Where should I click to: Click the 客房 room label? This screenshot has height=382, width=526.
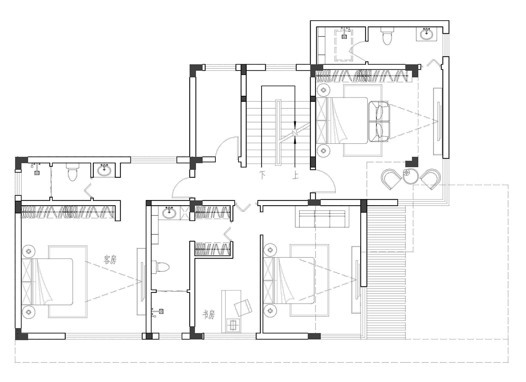(110, 260)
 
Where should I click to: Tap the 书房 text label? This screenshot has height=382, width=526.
(209, 314)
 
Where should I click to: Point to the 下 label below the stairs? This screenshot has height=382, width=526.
(262, 175)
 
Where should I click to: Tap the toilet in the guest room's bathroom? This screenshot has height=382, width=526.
(72, 172)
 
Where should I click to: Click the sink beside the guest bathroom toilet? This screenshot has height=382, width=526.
(104, 170)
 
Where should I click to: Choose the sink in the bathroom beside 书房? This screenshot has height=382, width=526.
(169, 213)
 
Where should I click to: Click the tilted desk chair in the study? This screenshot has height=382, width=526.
(243, 308)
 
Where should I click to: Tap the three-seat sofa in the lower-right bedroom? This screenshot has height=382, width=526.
(322, 219)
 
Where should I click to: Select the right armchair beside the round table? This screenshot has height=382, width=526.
(430, 179)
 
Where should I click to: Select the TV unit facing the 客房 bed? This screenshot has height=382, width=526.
(141, 281)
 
